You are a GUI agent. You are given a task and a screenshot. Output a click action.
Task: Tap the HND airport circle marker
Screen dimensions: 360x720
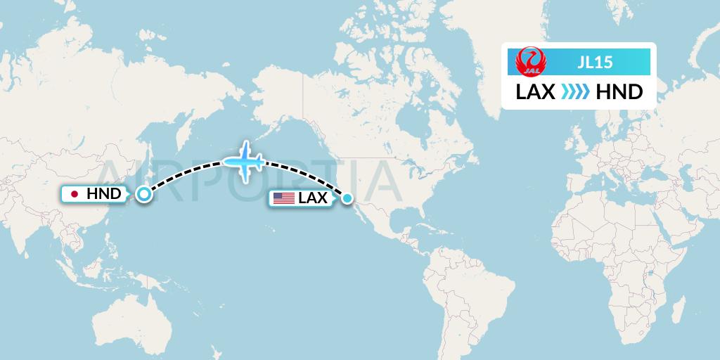click(x=143, y=194)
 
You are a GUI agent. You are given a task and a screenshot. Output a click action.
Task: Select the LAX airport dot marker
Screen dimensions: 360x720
click(x=347, y=199)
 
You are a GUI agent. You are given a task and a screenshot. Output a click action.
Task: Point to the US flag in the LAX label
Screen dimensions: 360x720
click(x=284, y=198)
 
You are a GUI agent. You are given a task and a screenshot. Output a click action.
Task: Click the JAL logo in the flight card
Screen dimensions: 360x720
click(x=528, y=62)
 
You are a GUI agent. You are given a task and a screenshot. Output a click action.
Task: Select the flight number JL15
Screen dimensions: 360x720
click(x=595, y=63)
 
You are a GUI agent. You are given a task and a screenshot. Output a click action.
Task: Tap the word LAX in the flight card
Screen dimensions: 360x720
click(x=536, y=92)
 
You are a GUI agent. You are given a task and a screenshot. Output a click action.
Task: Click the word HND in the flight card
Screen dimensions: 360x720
click(x=619, y=92)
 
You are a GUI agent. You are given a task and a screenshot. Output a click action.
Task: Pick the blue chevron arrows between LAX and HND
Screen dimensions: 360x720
click(x=577, y=92)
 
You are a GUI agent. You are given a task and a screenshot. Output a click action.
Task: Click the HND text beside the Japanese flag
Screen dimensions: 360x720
click(x=103, y=193)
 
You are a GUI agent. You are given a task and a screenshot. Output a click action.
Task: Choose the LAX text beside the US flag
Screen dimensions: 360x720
click(x=313, y=198)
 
